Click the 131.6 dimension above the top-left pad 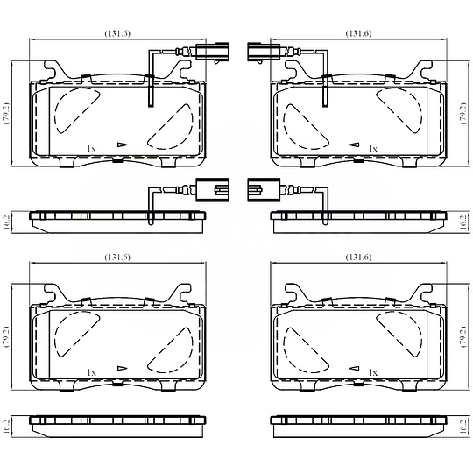pyautogui.click(x=117, y=33)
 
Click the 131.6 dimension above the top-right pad pyautogui.click(x=358, y=33)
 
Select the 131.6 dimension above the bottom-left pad pyautogui.click(x=117, y=257)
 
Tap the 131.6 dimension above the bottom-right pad pyautogui.click(x=358, y=257)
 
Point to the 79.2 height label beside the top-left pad pyautogui.click(x=6, y=113)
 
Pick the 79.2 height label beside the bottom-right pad pyautogui.click(x=463, y=337)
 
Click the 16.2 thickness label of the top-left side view pyautogui.click(x=7, y=222)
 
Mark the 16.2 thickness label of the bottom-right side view pyautogui.click(x=463, y=427)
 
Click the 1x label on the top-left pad pyautogui.click(x=91, y=149)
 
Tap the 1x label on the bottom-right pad pyautogui.click(x=373, y=373)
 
